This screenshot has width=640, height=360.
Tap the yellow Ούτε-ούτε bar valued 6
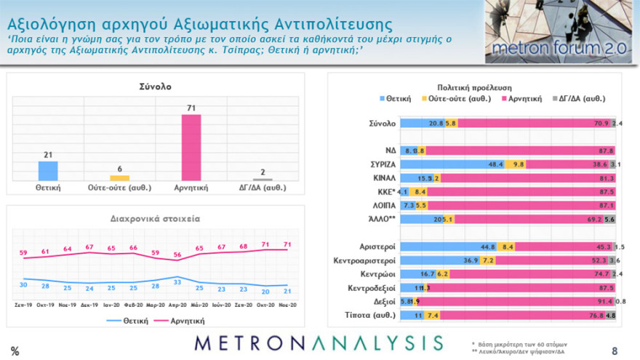coord(119,177)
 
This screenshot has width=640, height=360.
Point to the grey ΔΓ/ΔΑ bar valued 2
coord(263,179)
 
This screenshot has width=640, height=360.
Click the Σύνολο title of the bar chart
coord(154,87)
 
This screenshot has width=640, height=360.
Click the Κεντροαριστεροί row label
coord(363,260)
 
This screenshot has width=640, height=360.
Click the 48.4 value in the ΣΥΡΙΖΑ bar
coord(496,164)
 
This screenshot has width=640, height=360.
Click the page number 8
coord(615,350)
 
